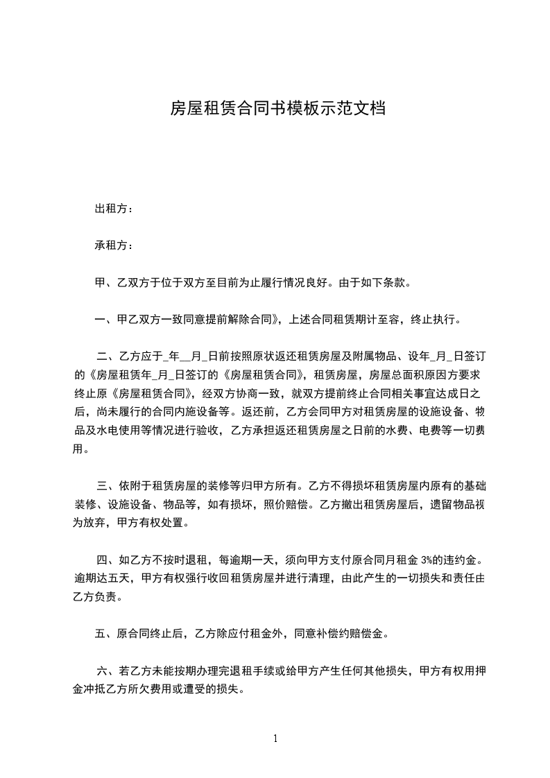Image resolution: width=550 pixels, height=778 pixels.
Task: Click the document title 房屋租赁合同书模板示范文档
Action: click(x=277, y=109)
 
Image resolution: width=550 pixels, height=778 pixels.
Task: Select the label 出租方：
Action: click(x=114, y=209)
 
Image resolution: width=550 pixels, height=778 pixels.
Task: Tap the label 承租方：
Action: click(x=114, y=246)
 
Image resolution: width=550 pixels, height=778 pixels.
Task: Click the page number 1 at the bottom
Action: click(x=275, y=738)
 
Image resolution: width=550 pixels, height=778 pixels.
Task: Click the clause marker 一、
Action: click(x=106, y=320)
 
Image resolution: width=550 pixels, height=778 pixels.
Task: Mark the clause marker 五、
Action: click(x=106, y=633)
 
